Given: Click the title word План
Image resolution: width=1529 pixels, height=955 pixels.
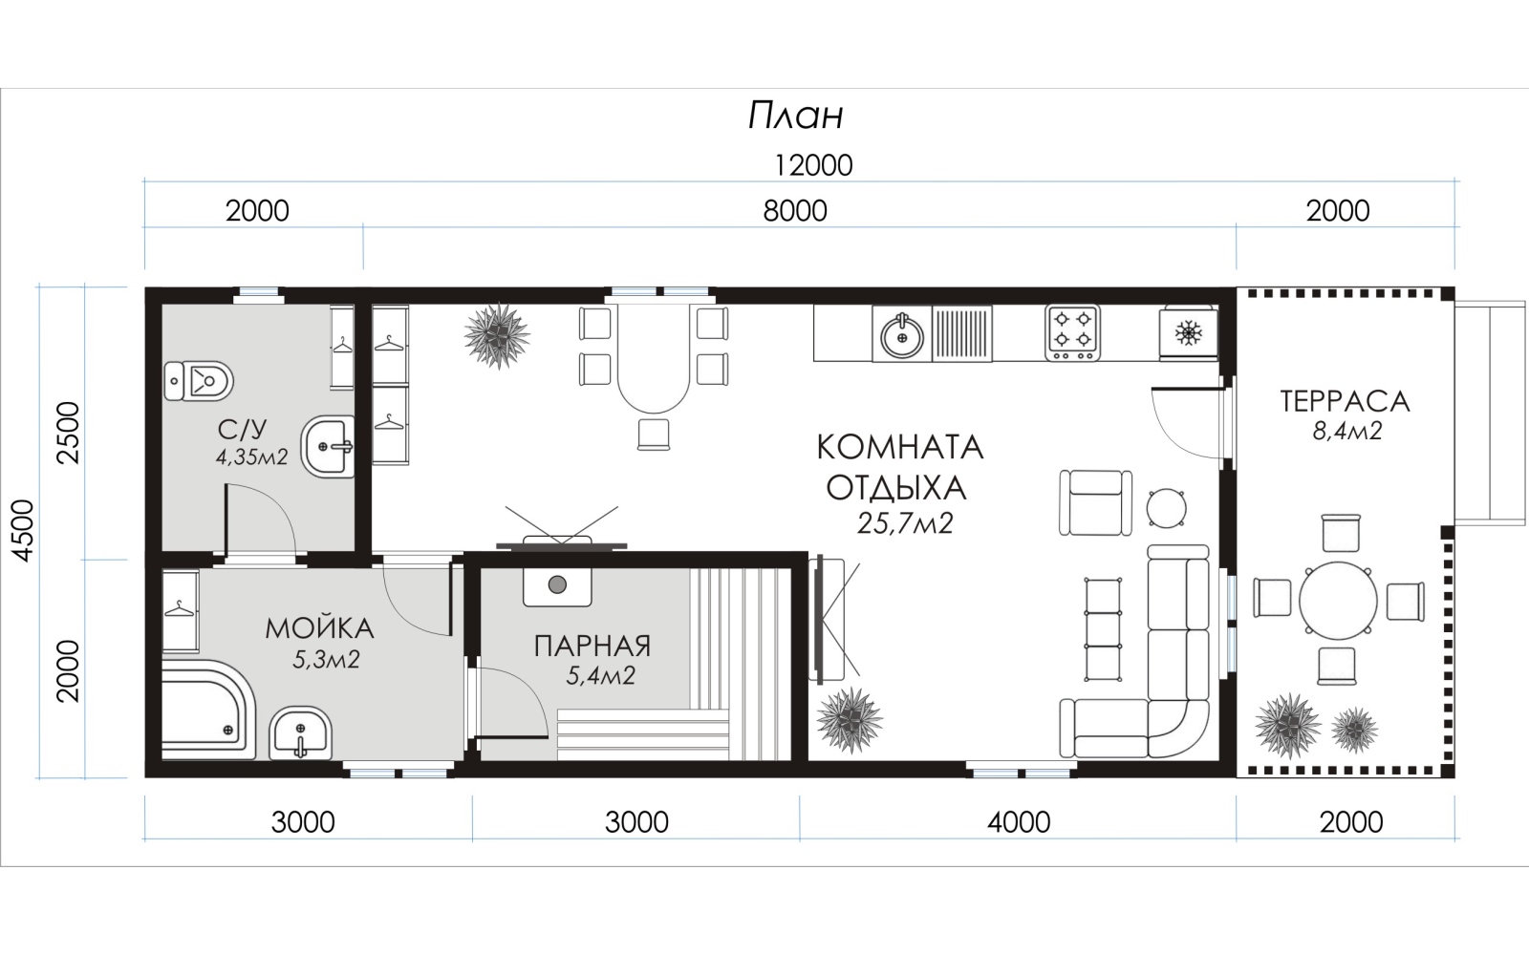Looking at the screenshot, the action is pyautogui.click(x=795, y=116).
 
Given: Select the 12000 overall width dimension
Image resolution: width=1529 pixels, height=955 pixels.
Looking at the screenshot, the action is pyautogui.click(x=813, y=166).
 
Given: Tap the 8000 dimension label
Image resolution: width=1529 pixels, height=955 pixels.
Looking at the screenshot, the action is pyautogui.click(x=794, y=211).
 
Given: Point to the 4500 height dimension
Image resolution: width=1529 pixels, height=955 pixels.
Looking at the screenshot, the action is pyautogui.click(x=24, y=531).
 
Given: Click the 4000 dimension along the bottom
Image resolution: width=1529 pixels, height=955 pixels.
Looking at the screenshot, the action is pyautogui.click(x=1019, y=822).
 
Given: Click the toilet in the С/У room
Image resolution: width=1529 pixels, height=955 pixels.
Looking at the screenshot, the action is pyautogui.click(x=199, y=381).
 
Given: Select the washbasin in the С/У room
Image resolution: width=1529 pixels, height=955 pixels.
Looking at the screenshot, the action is pyautogui.click(x=328, y=446).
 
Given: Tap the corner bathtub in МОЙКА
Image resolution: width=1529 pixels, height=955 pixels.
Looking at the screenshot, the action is pyautogui.click(x=207, y=709).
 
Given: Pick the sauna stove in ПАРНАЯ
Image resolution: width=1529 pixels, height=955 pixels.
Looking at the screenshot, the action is pyautogui.click(x=558, y=585).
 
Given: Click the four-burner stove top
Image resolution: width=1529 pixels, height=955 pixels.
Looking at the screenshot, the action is pyautogui.click(x=1072, y=333).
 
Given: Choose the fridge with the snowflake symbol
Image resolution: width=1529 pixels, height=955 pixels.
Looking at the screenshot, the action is pyautogui.click(x=1189, y=333).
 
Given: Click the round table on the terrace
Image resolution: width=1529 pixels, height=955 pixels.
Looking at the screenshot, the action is pyautogui.click(x=1338, y=601).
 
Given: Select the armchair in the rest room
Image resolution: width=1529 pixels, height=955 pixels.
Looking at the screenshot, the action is pyautogui.click(x=1095, y=502).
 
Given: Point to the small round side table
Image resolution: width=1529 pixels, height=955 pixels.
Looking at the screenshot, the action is pyautogui.click(x=1166, y=508).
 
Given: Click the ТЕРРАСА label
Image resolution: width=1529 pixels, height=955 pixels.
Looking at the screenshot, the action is pyautogui.click(x=1345, y=401).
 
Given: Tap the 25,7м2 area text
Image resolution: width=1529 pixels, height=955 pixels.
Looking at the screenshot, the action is pyautogui.click(x=904, y=523).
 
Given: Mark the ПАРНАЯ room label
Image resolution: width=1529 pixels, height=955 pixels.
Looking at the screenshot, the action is pyautogui.click(x=592, y=646).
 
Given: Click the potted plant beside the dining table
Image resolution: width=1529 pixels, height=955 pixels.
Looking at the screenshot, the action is pyautogui.click(x=497, y=335).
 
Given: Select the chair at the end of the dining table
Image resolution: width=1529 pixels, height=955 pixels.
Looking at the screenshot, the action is pyautogui.click(x=654, y=435).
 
